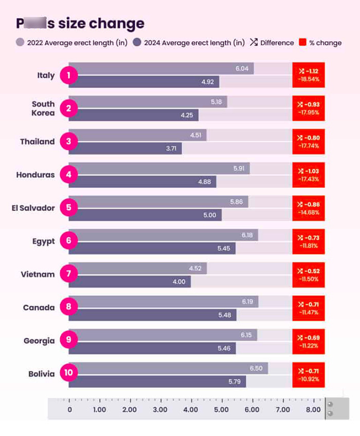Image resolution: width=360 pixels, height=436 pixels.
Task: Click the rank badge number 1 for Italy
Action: [68, 76]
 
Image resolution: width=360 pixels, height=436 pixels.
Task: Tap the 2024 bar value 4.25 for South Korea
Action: [187, 115]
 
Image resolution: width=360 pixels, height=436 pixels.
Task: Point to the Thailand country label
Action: [37, 142]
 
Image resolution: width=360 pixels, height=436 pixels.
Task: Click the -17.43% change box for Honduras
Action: [308, 175]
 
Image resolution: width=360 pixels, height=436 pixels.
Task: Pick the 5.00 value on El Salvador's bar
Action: [210, 215]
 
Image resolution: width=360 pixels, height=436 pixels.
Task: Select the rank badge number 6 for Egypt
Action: [68, 241]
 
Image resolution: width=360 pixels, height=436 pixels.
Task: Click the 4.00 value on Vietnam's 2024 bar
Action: [179, 282]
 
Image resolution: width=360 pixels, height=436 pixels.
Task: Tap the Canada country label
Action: [39, 308]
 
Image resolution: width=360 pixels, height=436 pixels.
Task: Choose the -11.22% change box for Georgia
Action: [308, 341]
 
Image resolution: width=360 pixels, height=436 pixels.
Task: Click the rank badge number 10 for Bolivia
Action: [68, 374]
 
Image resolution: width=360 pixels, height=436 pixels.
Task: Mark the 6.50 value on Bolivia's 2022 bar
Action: [256, 368]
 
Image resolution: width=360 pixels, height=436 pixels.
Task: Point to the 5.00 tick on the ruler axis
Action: [221, 410]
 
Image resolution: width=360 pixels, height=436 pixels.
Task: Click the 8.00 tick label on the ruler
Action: [313, 410]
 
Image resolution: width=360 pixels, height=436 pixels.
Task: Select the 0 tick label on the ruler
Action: [70, 410]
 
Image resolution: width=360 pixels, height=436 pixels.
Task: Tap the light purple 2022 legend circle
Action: [21, 43]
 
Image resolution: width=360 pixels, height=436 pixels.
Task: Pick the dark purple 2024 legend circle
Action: [137, 43]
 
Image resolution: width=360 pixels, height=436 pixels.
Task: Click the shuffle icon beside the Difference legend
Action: [254, 43]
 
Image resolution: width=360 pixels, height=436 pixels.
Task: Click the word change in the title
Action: [116, 23]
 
